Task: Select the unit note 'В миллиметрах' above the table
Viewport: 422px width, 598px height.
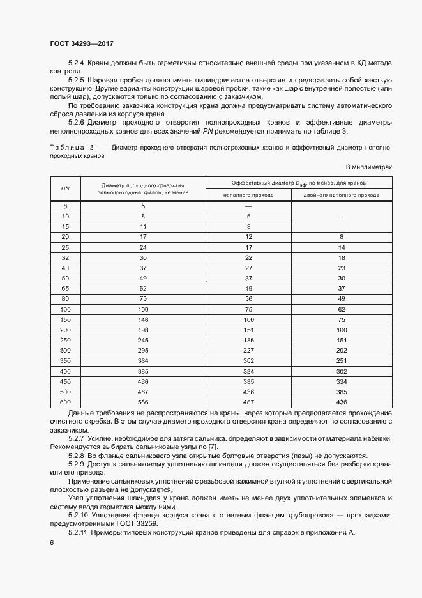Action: click(x=368, y=167)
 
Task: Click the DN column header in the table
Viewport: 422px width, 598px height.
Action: click(x=65, y=188)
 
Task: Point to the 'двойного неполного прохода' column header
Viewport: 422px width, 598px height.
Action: click(x=341, y=195)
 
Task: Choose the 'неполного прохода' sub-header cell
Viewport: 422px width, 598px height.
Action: click(x=248, y=195)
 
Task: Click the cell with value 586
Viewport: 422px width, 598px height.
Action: click(x=143, y=402)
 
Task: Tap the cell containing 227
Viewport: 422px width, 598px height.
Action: click(x=248, y=350)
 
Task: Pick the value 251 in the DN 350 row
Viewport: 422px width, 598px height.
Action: click(x=342, y=360)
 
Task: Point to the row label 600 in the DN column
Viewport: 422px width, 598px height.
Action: click(x=65, y=402)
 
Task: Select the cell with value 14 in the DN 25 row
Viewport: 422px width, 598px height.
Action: click(x=342, y=247)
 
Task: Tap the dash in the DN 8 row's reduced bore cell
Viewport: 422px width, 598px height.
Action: click(x=248, y=206)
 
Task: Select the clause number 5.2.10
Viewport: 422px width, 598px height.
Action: click(x=78, y=514)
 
